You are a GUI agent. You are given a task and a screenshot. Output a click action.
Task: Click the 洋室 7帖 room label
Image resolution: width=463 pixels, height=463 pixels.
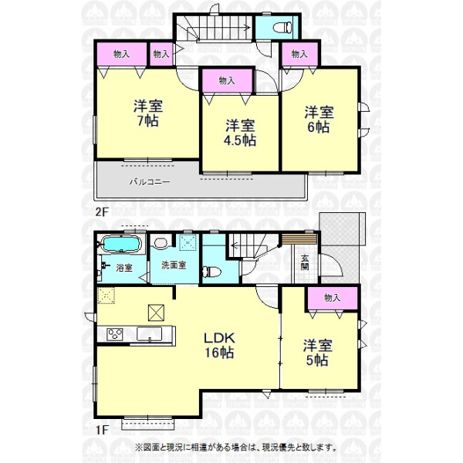pos(148,113)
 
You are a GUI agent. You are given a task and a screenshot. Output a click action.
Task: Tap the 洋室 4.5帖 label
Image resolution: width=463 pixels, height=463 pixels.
pos(240,133)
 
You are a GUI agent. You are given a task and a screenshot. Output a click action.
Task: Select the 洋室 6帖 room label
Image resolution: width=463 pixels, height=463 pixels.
pos(319,120)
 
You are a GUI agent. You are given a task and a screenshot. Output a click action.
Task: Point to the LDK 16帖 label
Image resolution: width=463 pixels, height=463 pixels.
pos(219,345)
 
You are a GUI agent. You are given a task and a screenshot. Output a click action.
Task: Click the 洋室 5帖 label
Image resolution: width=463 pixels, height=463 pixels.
pos(318,353)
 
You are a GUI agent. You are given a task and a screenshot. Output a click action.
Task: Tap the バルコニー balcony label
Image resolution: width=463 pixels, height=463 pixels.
pos(150,181)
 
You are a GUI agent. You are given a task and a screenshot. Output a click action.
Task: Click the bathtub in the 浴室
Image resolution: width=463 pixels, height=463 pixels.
pos(121,244)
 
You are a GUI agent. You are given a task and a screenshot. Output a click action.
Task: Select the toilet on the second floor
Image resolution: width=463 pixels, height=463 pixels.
pos(282,28)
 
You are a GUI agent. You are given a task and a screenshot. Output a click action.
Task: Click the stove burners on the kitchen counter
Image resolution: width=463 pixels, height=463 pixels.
pos(114,334)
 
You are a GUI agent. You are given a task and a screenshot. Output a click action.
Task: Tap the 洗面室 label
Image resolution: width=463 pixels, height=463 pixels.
pos(174,265)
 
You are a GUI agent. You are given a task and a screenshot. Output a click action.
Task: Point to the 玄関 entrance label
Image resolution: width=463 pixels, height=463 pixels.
pos(305,262)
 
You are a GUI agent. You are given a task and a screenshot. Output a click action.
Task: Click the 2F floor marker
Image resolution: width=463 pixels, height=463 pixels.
pos(102,211)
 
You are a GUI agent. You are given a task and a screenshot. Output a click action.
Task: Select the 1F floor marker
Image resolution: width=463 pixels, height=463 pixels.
pos(102,430)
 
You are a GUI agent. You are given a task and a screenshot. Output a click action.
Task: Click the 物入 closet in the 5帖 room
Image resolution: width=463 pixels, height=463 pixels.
pos(333,298)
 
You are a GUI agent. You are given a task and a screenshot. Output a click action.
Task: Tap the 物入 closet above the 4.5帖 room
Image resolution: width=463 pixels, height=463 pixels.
pos(227,80)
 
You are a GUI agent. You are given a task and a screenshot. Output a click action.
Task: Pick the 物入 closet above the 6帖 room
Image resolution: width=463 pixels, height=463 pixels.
pos(299,54)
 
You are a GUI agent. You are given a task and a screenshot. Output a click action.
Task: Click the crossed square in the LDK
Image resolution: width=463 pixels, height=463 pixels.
pos(156,313)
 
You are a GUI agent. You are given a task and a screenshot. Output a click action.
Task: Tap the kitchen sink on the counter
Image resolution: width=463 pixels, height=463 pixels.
pos(150,334)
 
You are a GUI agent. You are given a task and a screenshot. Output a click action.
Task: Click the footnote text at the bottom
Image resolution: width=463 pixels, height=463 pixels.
pos(236,448)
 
